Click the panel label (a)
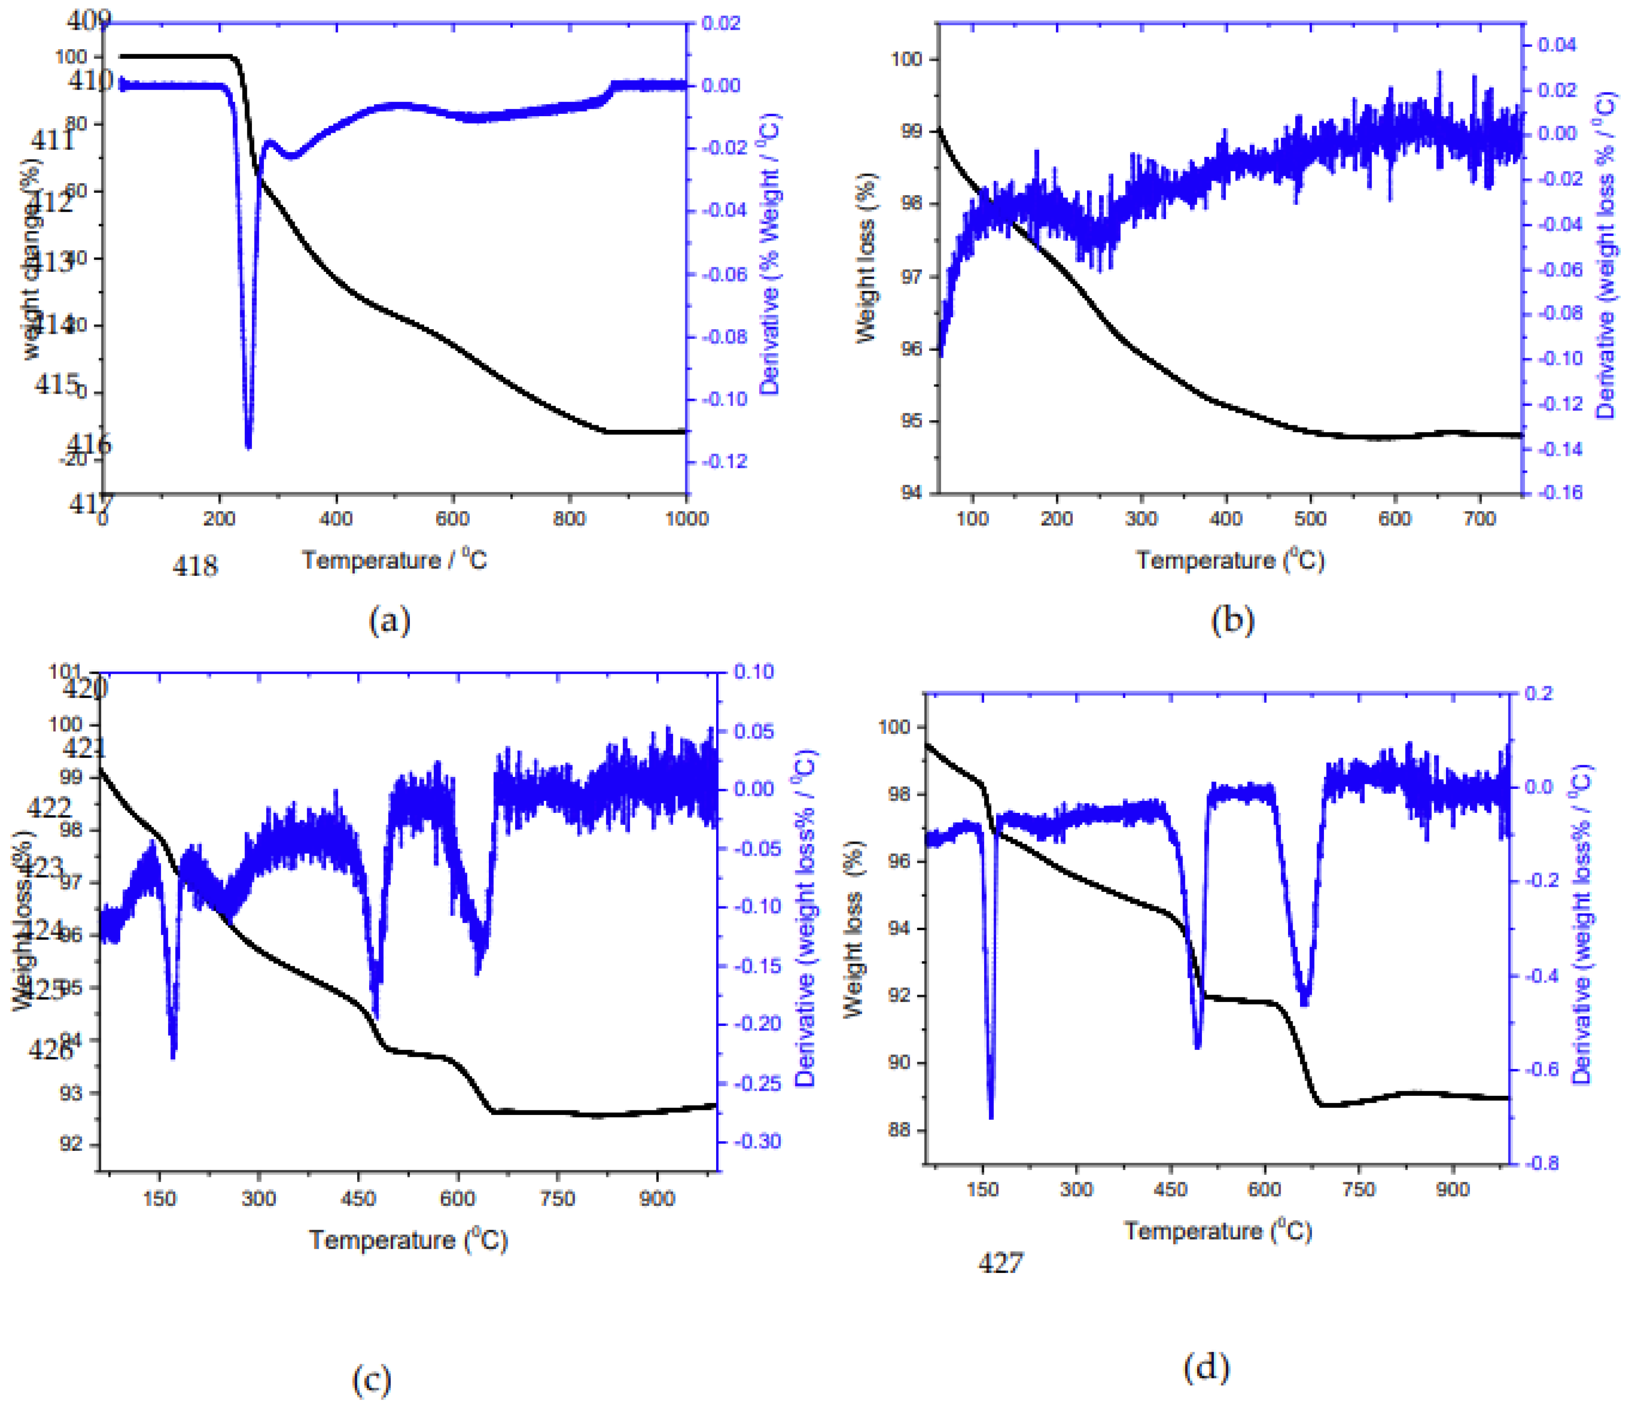click(x=390, y=621)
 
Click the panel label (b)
click(x=1233, y=621)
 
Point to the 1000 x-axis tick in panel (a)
click(x=687, y=518)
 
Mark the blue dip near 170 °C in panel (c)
click(x=173, y=1055)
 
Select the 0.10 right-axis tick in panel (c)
click(x=753, y=672)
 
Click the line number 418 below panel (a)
click(x=195, y=565)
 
